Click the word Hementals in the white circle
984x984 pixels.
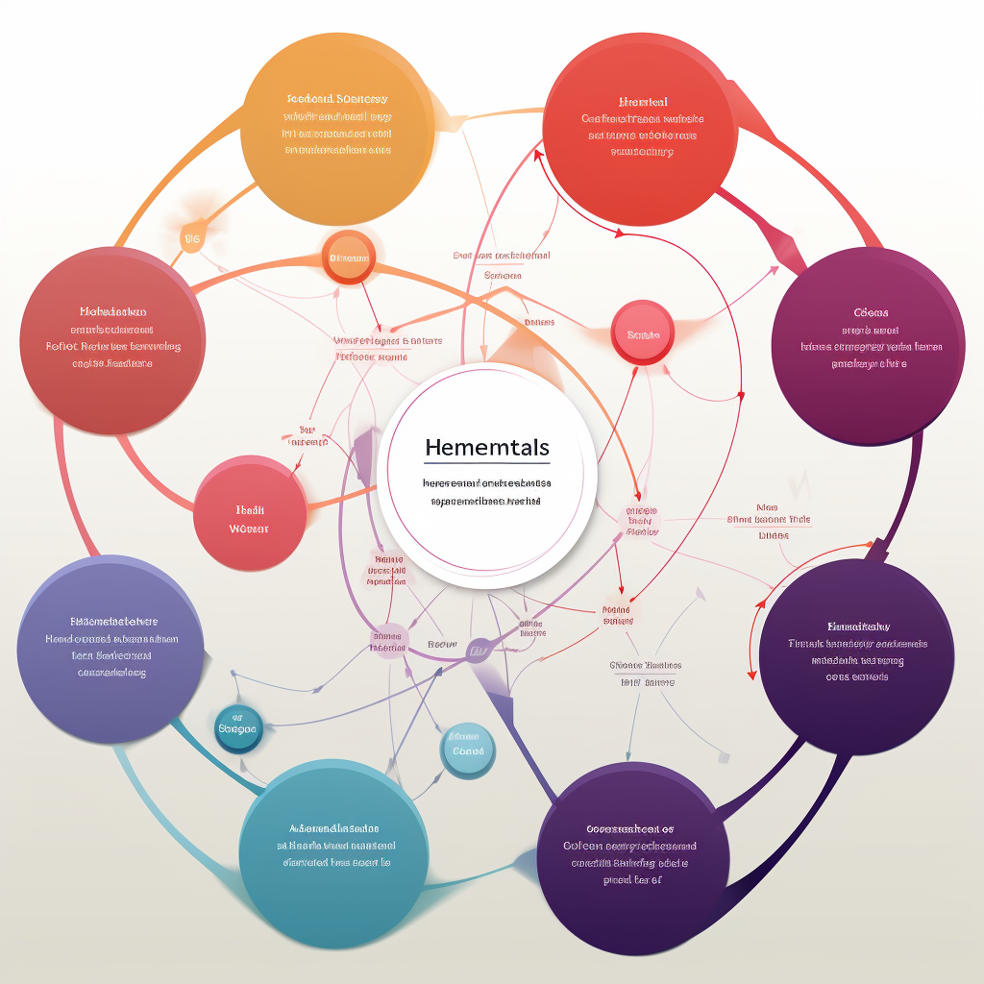(486, 448)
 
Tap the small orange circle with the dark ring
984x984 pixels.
(349, 258)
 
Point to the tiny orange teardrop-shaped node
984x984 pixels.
(192, 237)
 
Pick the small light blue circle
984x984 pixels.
(468, 750)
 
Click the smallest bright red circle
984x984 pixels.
(643, 333)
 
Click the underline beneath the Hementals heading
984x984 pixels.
(486, 464)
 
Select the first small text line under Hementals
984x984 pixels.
(486, 484)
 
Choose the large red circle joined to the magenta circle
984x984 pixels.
(640, 128)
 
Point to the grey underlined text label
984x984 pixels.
(646, 665)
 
